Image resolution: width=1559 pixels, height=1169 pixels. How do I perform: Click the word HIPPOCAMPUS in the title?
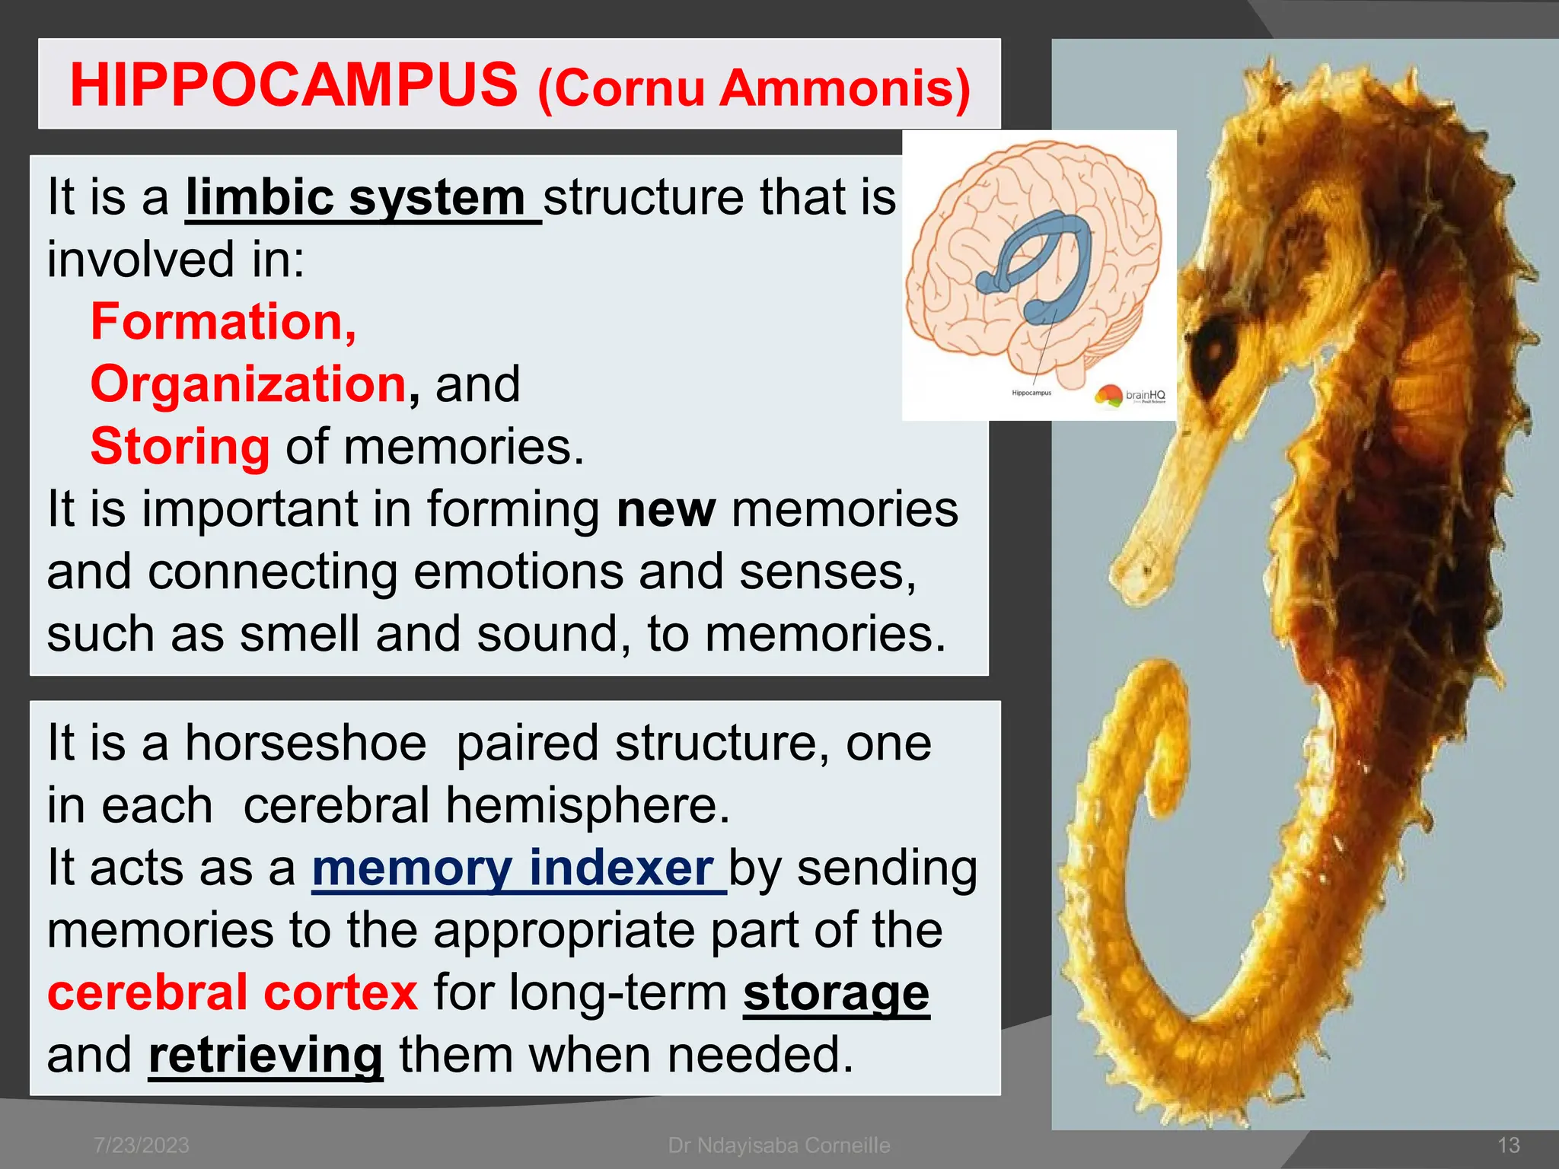(294, 85)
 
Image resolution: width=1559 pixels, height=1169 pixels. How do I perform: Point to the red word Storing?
(180, 447)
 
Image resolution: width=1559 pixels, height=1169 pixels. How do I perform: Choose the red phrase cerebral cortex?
(232, 992)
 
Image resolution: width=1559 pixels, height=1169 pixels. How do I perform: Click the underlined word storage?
(836, 992)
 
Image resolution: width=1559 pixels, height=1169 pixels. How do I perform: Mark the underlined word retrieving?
(266, 1056)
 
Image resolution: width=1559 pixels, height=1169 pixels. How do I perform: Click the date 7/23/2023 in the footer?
(142, 1145)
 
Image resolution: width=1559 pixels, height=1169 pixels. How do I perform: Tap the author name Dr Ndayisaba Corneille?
(779, 1145)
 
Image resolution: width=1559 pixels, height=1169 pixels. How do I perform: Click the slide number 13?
(1508, 1145)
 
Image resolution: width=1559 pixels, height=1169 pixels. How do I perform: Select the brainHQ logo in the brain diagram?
(1130, 395)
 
